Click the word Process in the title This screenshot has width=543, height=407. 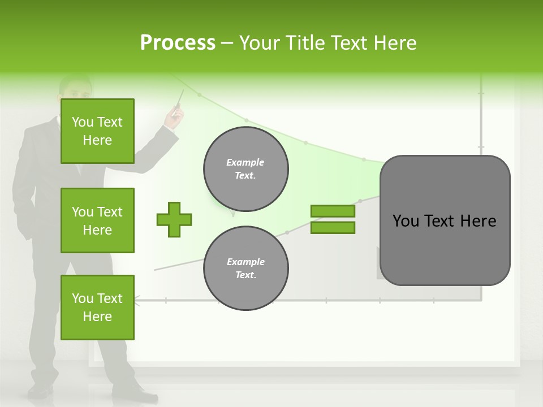178,42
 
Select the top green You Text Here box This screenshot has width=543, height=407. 97,131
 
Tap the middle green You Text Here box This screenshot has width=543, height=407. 97,220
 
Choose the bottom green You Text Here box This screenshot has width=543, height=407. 97,308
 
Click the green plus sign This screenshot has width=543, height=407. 174,219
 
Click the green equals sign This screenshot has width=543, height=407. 333,219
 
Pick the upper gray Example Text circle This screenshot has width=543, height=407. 246,169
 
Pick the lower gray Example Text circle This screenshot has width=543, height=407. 246,269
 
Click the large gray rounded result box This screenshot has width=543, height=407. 445,220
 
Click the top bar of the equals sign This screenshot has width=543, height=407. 333,211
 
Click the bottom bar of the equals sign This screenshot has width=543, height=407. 333,227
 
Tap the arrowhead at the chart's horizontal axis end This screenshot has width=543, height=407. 136,301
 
